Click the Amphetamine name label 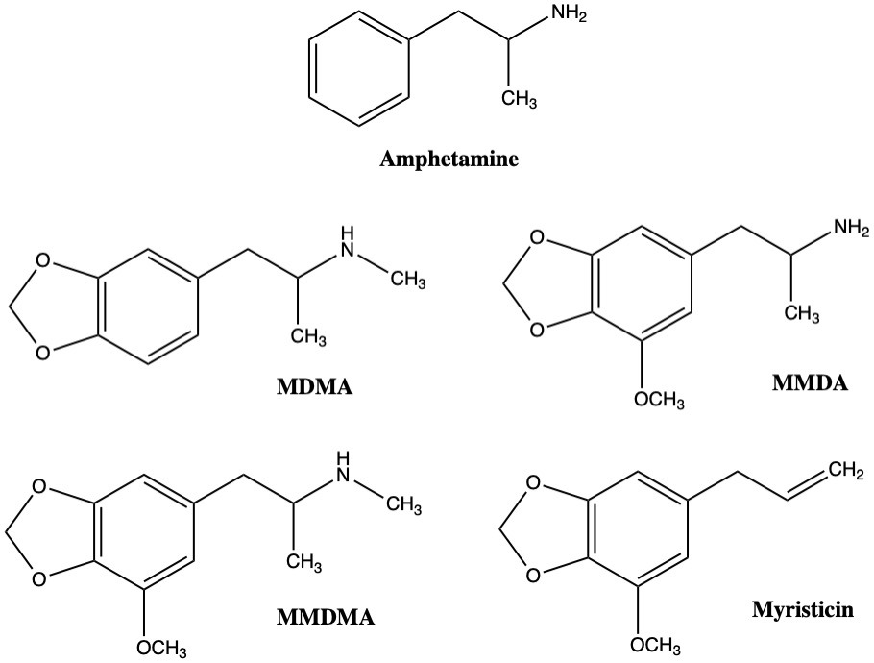coord(449,160)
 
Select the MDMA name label coord(314,386)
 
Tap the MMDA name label coord(810,383)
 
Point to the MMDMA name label coord(326,617)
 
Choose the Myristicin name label coord(803,609)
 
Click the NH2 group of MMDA coord(851,228)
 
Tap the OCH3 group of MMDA coord(660,400)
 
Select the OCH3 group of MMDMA coord(161,648)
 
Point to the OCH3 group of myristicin coord(655,645)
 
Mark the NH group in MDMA coord(348,242)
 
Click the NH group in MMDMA coord(344,467)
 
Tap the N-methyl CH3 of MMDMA coord(403,504)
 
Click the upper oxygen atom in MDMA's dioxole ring coord(43,261)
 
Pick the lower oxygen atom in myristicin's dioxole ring coord(533,575)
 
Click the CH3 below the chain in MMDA coord(802,313)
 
